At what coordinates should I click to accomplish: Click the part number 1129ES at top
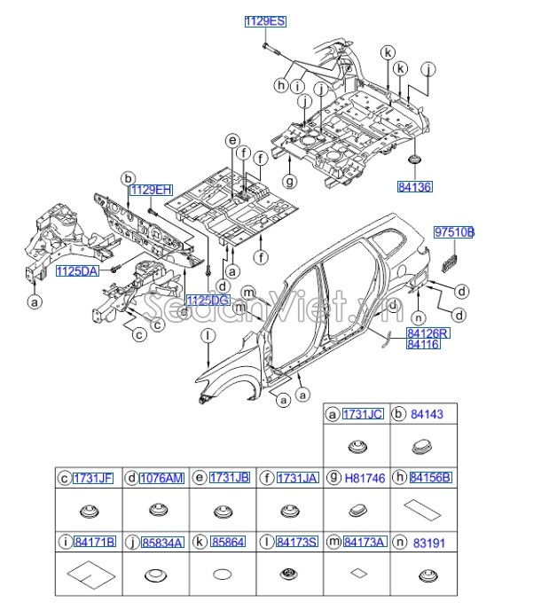[x=265, y=20]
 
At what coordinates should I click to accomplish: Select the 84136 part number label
[x=414, y=187]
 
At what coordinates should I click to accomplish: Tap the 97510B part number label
[x=454, y=232]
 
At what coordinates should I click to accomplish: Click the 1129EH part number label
[x=150, y=190]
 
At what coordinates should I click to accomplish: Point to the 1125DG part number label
[x=208, y=301]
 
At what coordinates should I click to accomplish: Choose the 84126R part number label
[x=428, y=332]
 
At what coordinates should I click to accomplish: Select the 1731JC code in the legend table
[x=364, y=413]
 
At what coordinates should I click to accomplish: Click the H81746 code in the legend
[x=364, y=477]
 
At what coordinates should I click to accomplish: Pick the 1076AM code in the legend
[x=161, y=478]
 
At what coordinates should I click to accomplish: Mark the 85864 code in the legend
[x=229, y=541]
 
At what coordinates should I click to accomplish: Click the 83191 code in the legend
[x=430, y=541]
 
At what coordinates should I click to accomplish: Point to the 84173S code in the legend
[x=295, y=541]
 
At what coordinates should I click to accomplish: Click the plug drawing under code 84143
[x=424, y=445]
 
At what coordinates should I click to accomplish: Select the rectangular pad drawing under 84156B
[x=424, y=508]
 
